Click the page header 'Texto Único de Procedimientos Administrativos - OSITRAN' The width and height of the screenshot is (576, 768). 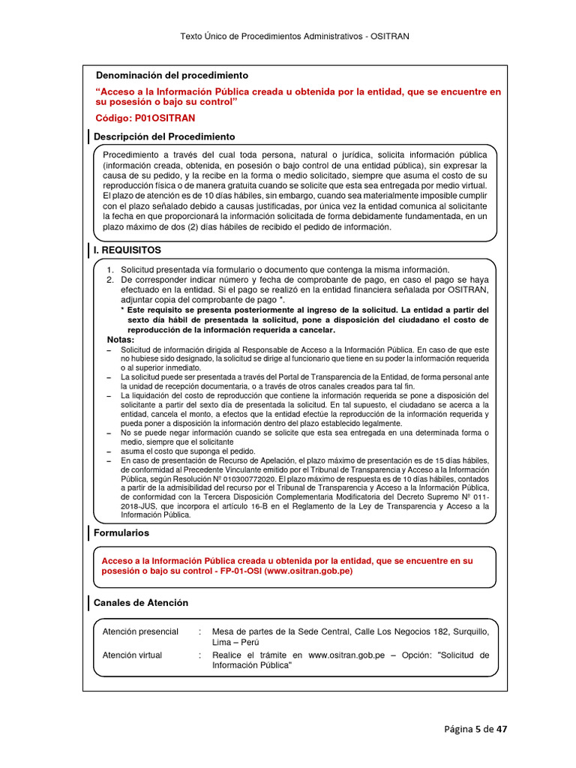294,36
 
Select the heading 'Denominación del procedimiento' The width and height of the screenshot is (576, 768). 172,76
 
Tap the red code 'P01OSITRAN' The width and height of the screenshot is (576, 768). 163,118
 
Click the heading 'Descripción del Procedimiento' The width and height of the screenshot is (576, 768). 163,136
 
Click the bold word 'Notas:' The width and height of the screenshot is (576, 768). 121,340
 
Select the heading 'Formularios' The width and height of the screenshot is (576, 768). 121,532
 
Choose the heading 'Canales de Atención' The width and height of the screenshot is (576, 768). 140,602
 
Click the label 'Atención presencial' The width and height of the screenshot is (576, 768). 140,631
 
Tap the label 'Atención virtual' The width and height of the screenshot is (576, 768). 132,655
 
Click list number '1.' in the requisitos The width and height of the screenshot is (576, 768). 110,270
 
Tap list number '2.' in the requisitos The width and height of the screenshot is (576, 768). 110,280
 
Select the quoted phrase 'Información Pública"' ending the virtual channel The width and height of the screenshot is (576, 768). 252,665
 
